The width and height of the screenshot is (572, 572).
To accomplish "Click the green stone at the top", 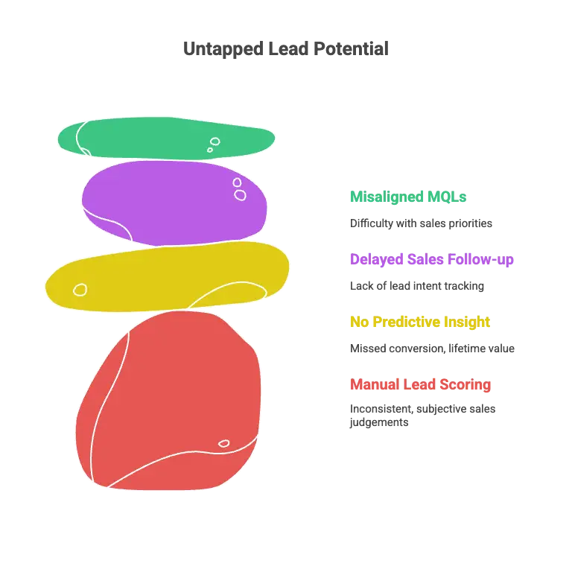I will pos(165,138).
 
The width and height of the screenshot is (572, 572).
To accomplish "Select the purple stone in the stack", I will pos(174,202).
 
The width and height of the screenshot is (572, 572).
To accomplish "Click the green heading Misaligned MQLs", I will pos(408,197).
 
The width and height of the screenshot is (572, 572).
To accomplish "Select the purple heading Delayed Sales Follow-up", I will pos(431,260).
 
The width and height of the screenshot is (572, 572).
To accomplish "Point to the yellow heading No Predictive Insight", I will pos(419,322).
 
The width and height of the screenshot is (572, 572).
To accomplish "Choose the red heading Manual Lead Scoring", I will pos(420,385).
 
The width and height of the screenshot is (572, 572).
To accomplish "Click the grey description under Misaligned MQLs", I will pos(420,223).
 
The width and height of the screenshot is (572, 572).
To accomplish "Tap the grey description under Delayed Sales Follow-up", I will pos(417,285).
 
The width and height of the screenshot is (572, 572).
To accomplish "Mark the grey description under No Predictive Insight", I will pos(431,349).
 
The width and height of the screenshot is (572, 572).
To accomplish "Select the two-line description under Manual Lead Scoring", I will pos(422,416).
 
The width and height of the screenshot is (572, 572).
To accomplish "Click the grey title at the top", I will pos(286,48).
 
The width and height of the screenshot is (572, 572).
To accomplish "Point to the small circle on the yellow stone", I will pos(80,289).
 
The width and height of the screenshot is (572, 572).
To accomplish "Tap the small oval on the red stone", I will pos(223,444).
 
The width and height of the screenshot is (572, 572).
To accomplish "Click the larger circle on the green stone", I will pos(215,142).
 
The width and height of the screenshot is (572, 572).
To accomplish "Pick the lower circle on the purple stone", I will pos(240,195).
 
